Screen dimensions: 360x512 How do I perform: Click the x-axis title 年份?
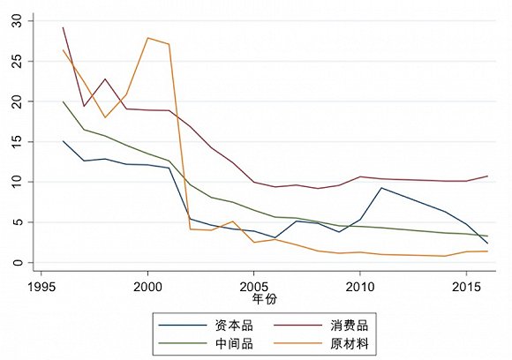[254, 300]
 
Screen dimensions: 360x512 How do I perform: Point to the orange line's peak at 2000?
[147, 38]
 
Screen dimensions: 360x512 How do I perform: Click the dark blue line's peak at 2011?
[380, 188]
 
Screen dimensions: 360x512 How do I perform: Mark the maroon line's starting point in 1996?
[63, 27]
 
